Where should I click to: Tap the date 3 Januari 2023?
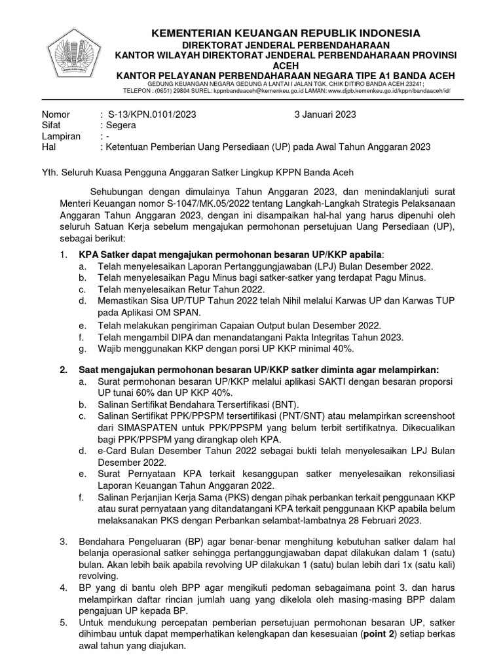326,114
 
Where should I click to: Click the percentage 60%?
147,393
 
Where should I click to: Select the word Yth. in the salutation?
50,173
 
